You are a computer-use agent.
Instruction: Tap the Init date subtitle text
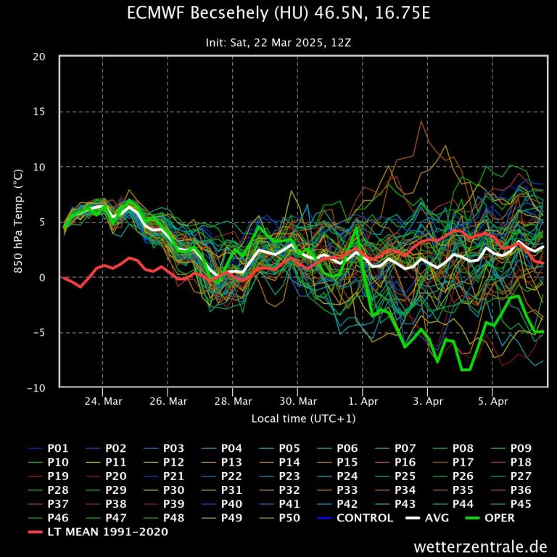278,43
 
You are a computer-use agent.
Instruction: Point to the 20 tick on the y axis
41,57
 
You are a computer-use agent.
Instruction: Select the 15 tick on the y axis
41,112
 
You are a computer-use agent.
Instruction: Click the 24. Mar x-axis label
102,401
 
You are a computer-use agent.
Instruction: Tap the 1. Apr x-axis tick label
363,401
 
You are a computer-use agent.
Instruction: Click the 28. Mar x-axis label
233,401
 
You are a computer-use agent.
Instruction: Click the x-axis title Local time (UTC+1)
304,418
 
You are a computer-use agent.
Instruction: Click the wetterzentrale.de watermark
481,545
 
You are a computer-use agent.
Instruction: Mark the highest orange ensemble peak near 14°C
421,121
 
